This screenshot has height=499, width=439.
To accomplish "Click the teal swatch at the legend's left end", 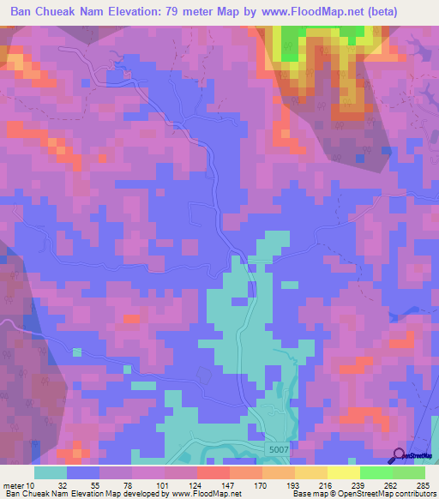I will (51, 472).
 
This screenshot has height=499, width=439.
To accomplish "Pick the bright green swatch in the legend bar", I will (376, 472).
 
